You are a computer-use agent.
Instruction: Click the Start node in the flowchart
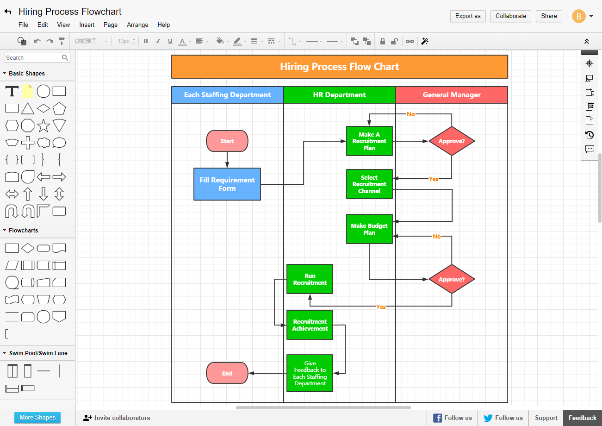pyautogui.click(x=227, y=141)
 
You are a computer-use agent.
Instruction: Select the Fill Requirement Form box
pyautogui.click(x=227, y=184)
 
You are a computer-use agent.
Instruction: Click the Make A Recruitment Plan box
pyautogui.click(x=369, y=141)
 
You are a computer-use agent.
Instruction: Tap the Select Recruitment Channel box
pyautogui.click(x=369, y=184)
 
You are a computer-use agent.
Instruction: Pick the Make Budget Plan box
pyautogui.click(x=369, y=229)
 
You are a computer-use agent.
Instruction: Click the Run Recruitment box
pyautogui.click(x=310, y=279)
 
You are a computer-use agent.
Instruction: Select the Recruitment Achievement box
pyautogui.click(x=310, y=325)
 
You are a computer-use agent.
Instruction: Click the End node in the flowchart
pyautogui.click(x=227, y=373)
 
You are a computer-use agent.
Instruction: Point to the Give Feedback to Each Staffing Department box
pyautogui.click(x=310, y=373)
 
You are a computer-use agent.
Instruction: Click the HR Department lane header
pyautogui.click(x=339, y=95)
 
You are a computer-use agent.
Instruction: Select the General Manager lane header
pyautogui.click(x=452, y=95)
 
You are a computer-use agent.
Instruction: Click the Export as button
pyautogui.click(x=468, y=16)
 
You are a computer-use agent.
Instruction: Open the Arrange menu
pyautogui.click(x=137, y=25)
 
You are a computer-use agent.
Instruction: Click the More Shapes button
pyautogui.click(x=37, y=417)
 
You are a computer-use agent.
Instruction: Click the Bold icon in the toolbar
pyautogui.click(x=146, y=41)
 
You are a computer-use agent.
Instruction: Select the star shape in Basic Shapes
pyautogui.click(x=43, y=125)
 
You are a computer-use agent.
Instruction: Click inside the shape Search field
pyautogui.click(x=32, y=58)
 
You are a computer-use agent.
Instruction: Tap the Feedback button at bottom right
pyautogui.click(x=582, y=418)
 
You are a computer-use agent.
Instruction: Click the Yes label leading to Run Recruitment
pyautogui.click(x=380, y=307)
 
